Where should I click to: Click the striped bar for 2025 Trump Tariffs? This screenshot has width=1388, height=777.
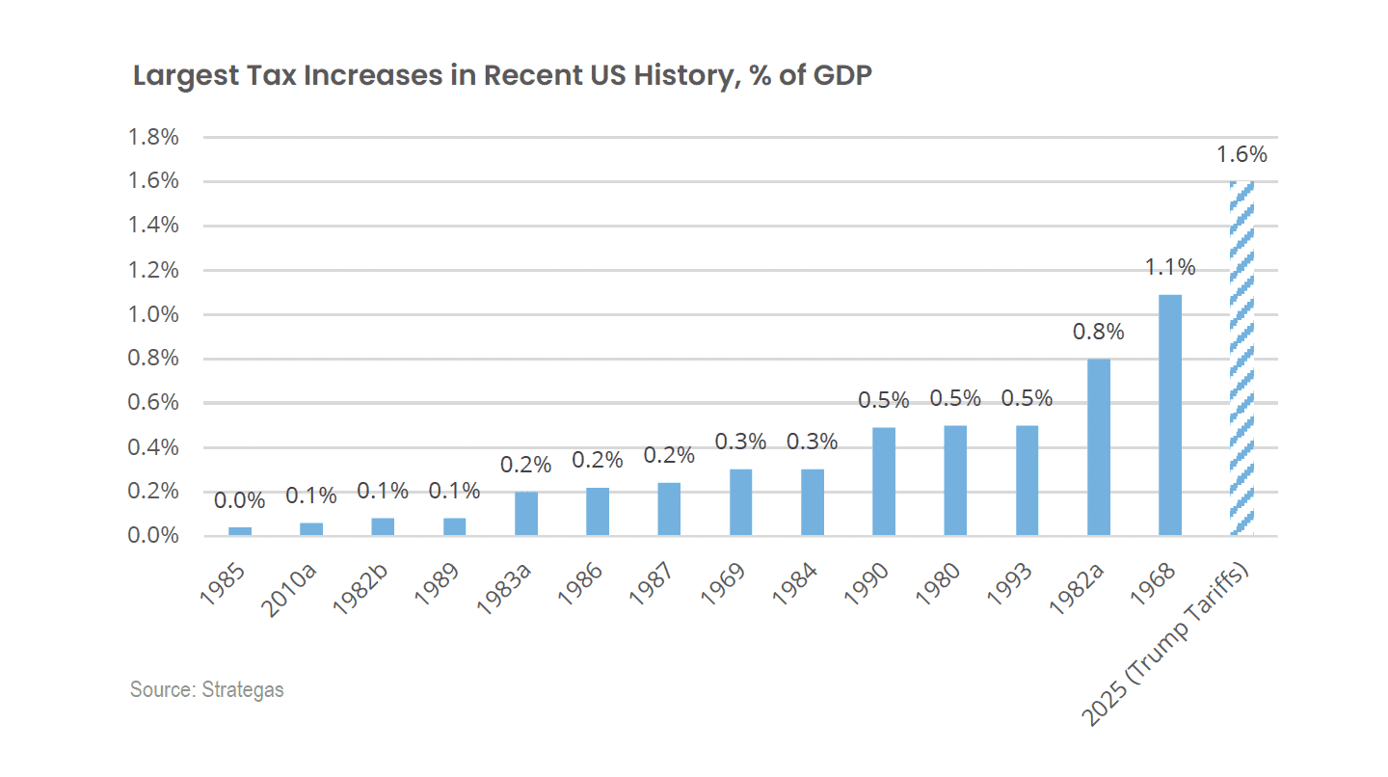point(1241,358)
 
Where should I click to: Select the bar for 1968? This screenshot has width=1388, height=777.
point(1170,415)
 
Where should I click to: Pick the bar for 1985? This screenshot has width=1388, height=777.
point(240,531)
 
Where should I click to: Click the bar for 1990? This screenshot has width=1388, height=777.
point(884,481)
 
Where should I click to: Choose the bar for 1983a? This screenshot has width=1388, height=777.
point(526,513)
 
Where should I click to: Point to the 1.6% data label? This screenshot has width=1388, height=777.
point(1241,154)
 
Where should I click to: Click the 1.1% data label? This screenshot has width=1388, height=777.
point(1170,267)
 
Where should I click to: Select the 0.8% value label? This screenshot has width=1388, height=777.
point(1099,332)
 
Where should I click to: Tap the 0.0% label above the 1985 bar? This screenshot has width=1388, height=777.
point(240,500)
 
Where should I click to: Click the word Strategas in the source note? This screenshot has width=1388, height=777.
point(243,690)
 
